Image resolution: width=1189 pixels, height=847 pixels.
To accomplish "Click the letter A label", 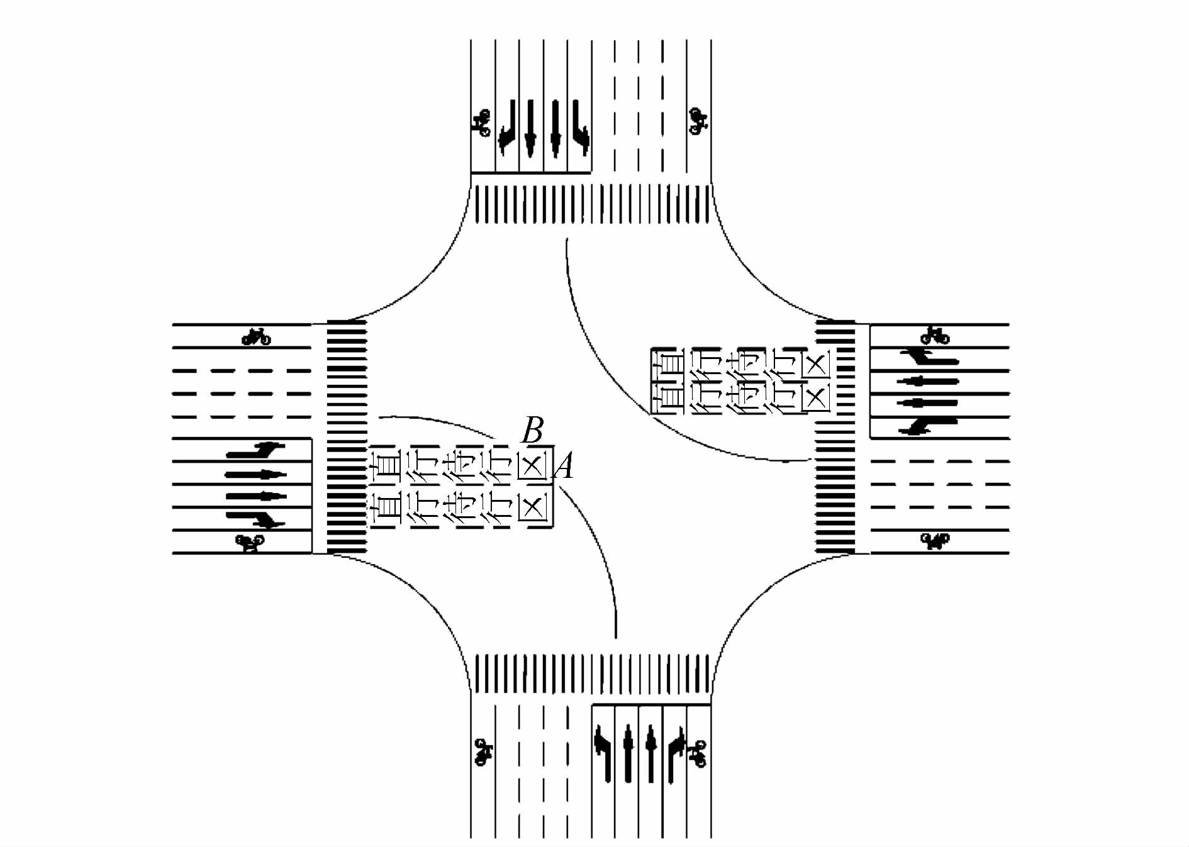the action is coord(564,467).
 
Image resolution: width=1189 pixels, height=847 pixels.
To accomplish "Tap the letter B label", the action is coord(532,431).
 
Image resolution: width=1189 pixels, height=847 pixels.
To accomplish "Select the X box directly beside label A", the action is coord(533,466).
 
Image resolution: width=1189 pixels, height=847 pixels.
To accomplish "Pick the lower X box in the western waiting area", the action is coord(533,506).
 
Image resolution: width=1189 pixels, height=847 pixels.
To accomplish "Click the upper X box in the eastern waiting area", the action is coord(816,364).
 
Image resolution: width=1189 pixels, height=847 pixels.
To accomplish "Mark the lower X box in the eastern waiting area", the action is coord(816,397).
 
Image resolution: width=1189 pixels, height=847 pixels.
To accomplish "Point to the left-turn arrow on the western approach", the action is coord(255,450).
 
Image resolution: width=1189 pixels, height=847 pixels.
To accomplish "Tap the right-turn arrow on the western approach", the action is coord(255,518).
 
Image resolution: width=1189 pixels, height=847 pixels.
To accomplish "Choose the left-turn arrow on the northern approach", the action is coord(579,129).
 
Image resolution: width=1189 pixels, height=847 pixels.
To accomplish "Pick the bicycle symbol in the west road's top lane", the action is coord(256,338).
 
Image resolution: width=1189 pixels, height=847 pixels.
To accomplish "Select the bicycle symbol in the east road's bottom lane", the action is coord(935,540).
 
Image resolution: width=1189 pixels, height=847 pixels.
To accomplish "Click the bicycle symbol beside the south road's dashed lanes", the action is coord(483,752).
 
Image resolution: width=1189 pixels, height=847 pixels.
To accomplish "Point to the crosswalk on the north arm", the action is coord(591,204).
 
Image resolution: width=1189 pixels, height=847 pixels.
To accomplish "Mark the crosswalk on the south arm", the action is coord(591,673).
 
